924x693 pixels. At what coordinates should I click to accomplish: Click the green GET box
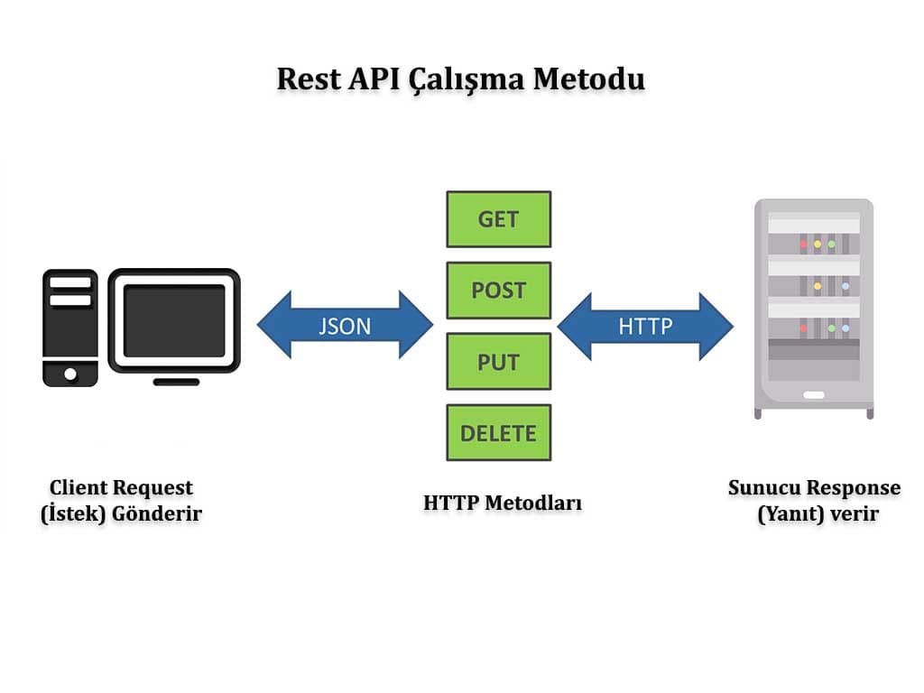tap(498, 218)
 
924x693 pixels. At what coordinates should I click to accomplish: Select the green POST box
tap(498, 290)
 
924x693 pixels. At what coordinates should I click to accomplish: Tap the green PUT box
tap(498, 361)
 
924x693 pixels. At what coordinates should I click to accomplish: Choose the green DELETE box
tap(498, 432)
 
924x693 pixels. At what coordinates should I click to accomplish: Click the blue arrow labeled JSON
tap(345, 325)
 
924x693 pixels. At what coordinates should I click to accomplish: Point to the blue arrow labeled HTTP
tap(645, 325)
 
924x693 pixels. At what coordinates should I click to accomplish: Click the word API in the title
tap(371, 79)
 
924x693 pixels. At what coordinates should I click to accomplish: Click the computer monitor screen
tap(174, 320)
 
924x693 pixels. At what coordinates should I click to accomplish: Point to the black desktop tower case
tap(70, 328)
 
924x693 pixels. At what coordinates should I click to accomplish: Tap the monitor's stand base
tap(176, 382)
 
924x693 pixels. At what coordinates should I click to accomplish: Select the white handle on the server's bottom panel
tap(814, 394)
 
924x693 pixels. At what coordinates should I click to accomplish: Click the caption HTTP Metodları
tap(503, 503)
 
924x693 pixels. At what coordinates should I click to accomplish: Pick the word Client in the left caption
tap(79, 488)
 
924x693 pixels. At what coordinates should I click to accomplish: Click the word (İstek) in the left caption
tap(71, 514)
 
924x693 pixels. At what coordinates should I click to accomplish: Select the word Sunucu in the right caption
tap(764, 488)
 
